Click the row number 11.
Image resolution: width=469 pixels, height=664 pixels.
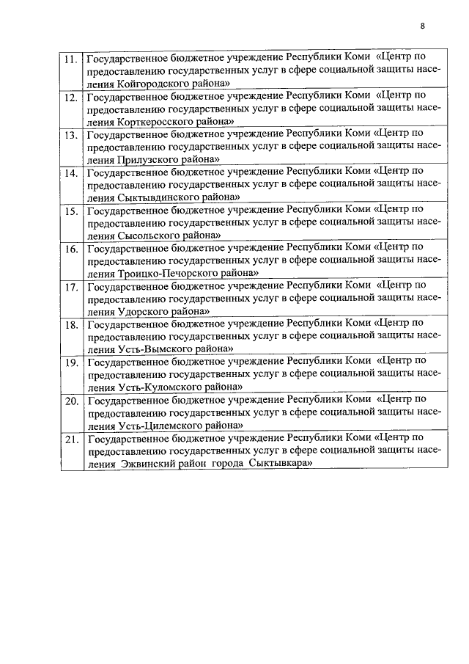(x=71, y=59)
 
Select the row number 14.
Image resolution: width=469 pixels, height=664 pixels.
(x=71, y=174)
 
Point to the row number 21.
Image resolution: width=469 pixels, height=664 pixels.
(x=71, y=440)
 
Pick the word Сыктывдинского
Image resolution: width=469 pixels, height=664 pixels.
(x=156, y=197)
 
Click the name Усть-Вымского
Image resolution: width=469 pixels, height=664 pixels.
(x=152, y=349)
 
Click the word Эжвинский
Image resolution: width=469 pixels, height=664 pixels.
(x=144, y=464)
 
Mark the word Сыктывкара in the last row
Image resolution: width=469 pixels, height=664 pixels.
(x=281, y=464)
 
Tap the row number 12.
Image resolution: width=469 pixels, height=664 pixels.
(x=71, y=98)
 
